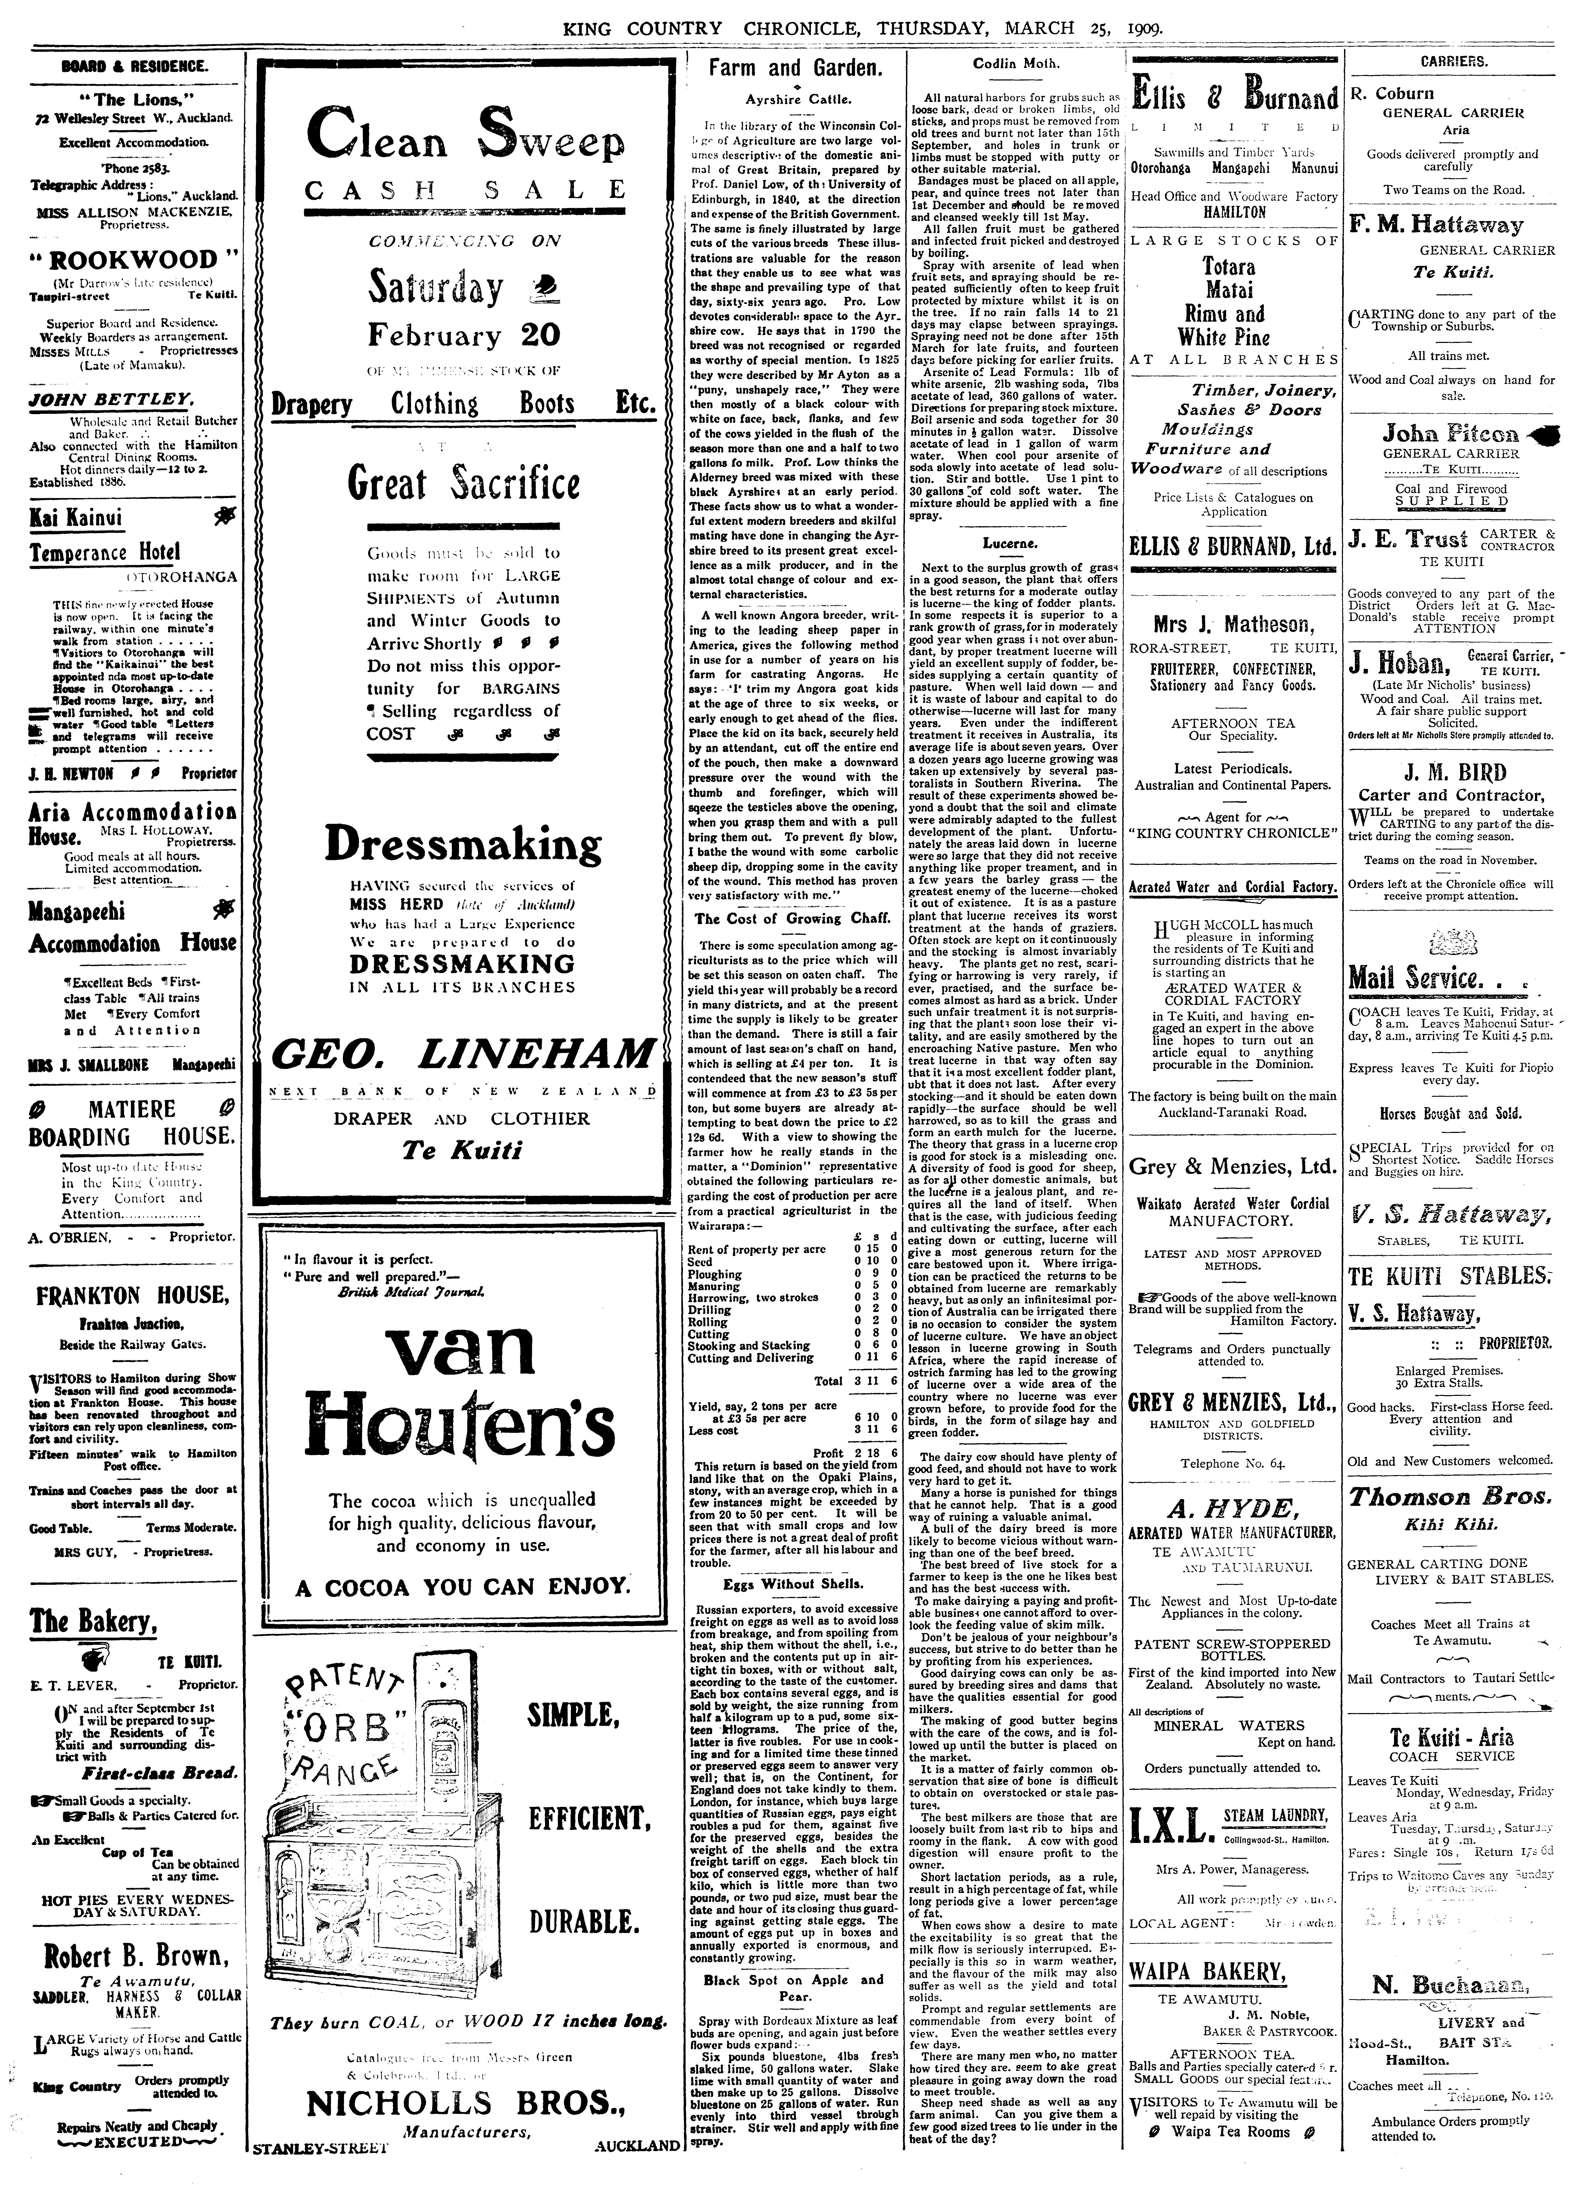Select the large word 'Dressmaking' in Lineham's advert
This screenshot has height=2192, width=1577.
click(463, 843)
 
